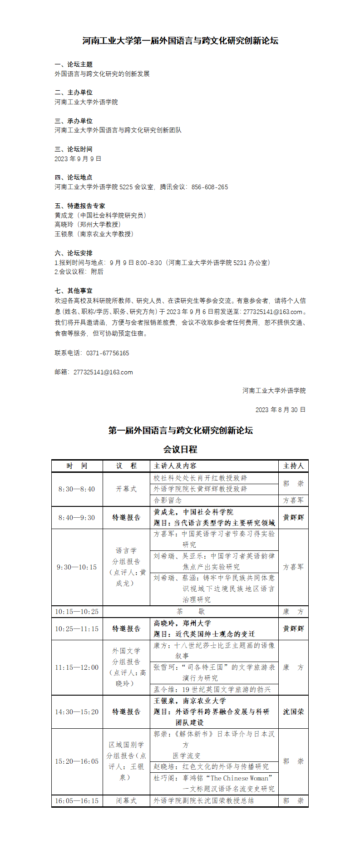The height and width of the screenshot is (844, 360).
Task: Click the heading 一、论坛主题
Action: coord(74,64)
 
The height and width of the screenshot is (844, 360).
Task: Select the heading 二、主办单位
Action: coord(74,93)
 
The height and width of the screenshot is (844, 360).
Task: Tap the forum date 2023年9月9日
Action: coord(78,159)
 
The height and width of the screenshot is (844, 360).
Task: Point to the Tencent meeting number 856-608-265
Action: coord(210,187)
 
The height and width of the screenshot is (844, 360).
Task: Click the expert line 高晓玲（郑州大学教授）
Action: coord(88,225)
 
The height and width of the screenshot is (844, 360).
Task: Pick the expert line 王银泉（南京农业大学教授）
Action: coord(94,234)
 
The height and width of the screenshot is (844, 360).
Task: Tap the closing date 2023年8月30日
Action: coord(280,410)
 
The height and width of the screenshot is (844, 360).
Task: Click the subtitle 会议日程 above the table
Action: coord(180,450)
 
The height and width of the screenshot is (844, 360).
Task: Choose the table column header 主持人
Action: coord(293,466)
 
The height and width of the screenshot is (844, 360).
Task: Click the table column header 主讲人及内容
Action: coord(175,466)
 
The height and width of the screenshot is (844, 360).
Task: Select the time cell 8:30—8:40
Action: coord(77,489)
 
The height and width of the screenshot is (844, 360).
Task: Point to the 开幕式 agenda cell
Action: coord(126,489)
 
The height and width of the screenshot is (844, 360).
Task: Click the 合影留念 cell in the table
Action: coord(168,501)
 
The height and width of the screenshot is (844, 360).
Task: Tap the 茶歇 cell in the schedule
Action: coord(191,612)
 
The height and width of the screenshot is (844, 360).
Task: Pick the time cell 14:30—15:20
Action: coord(77,712)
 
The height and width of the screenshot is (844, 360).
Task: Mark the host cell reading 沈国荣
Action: coord(293,712)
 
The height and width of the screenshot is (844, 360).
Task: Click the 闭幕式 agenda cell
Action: coord(126,801)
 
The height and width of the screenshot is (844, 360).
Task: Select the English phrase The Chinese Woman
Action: coord(239,778)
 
